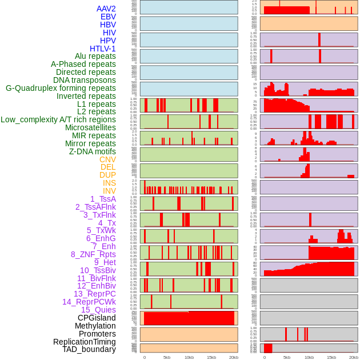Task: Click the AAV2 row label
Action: [x=106, y=9]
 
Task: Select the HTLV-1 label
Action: [x=102, y=49]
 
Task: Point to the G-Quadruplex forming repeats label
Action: [x=61, y=89]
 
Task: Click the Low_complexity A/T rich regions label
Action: [x=58, y=120]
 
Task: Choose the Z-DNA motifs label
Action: [x=92, y=152]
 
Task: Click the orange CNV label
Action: [x=107, y=160]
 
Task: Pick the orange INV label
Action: [x=109, y=191]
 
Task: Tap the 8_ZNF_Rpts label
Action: [x=93, y=255]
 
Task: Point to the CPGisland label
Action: [x=97, y=318]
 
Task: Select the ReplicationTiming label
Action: [x=84, y=342]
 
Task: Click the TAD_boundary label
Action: [x=89, y=349]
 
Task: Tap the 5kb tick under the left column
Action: [x=167, y=357]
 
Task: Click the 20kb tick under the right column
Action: [x=354, y=357]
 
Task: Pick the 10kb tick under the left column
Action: [x=189, y=357]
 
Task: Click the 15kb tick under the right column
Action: [x=331, y=357]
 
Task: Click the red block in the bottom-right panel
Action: [x=268, y=348]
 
